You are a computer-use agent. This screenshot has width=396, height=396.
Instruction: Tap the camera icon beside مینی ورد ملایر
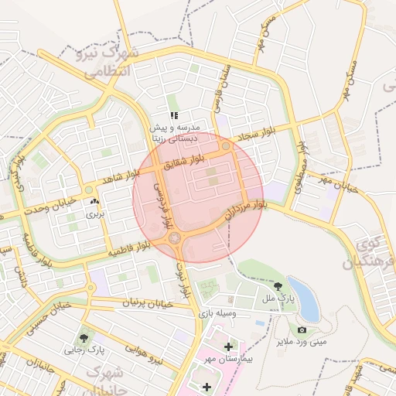(302, 330)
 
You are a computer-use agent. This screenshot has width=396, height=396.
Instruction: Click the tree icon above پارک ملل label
(278, 287)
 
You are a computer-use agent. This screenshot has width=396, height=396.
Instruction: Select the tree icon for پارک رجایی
(83, 337)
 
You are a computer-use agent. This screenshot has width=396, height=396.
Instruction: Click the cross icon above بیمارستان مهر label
(227, 346)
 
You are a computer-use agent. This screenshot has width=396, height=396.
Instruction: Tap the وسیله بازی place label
(219, 314)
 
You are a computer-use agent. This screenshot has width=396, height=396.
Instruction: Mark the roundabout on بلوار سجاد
(225, 145)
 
